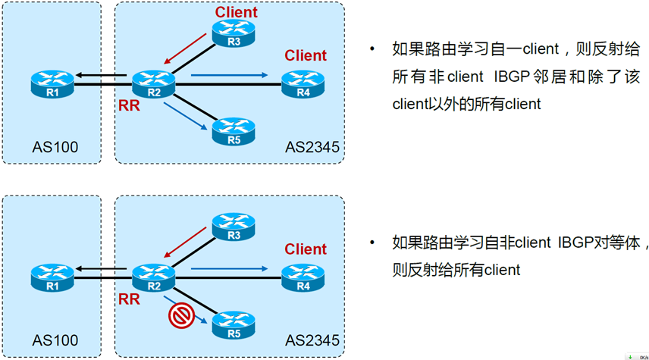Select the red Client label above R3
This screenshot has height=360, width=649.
tap(236, 12)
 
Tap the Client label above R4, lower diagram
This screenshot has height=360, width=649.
tap(306, 249)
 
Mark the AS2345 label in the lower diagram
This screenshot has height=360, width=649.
tap(312, 341)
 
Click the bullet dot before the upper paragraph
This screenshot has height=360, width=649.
tap(372, 50)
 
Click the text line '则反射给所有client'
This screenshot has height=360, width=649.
tap(456, 270)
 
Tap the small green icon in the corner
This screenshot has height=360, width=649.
tap(631, 355)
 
